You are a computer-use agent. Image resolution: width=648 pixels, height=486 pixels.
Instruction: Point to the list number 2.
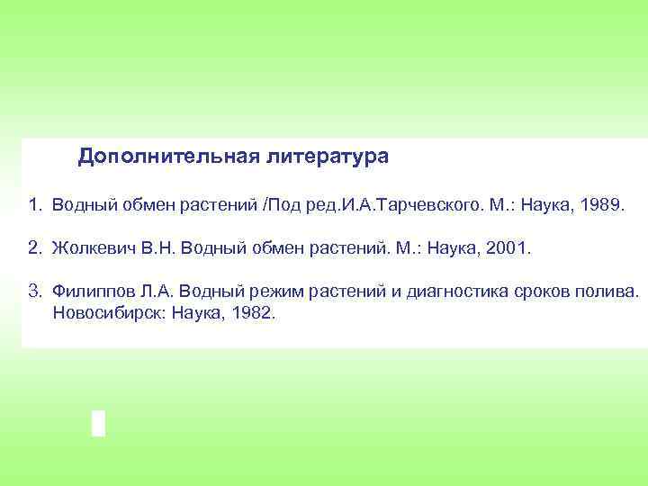pyautogui.click(x=33, y=247)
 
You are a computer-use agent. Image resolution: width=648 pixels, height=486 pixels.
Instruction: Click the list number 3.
pyautogui.click(x=33, y=291)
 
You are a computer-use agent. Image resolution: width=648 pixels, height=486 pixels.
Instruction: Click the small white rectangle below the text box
pyautogui.click(x=98, y=422)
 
